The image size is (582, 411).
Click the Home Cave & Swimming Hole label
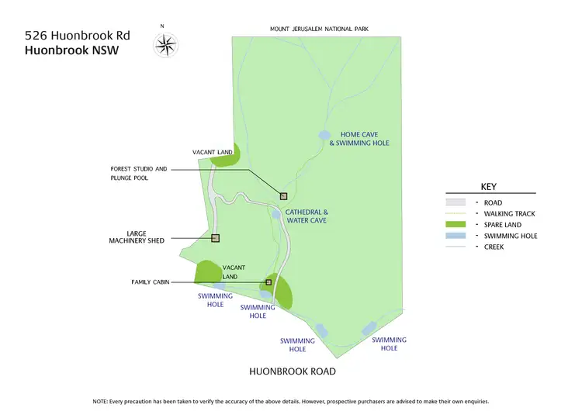click(359, 139)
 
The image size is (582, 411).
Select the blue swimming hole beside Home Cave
click(325, 135)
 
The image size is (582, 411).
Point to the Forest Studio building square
click(284, 196)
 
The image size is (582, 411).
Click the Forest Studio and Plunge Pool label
click(139, 173)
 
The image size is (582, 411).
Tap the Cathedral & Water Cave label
click(307, 216)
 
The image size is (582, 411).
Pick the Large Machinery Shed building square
click(216, 238)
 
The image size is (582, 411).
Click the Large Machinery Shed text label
click(136, 237)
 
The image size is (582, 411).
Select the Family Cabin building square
click(268, 282)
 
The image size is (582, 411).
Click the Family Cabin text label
click(150, 282)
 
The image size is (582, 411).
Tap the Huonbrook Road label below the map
click(292, 371)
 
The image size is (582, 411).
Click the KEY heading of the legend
click(489, 187)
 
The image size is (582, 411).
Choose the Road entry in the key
click(493, 202)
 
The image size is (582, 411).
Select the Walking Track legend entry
click(509, 213)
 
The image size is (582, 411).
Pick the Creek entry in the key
click(494, 247)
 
